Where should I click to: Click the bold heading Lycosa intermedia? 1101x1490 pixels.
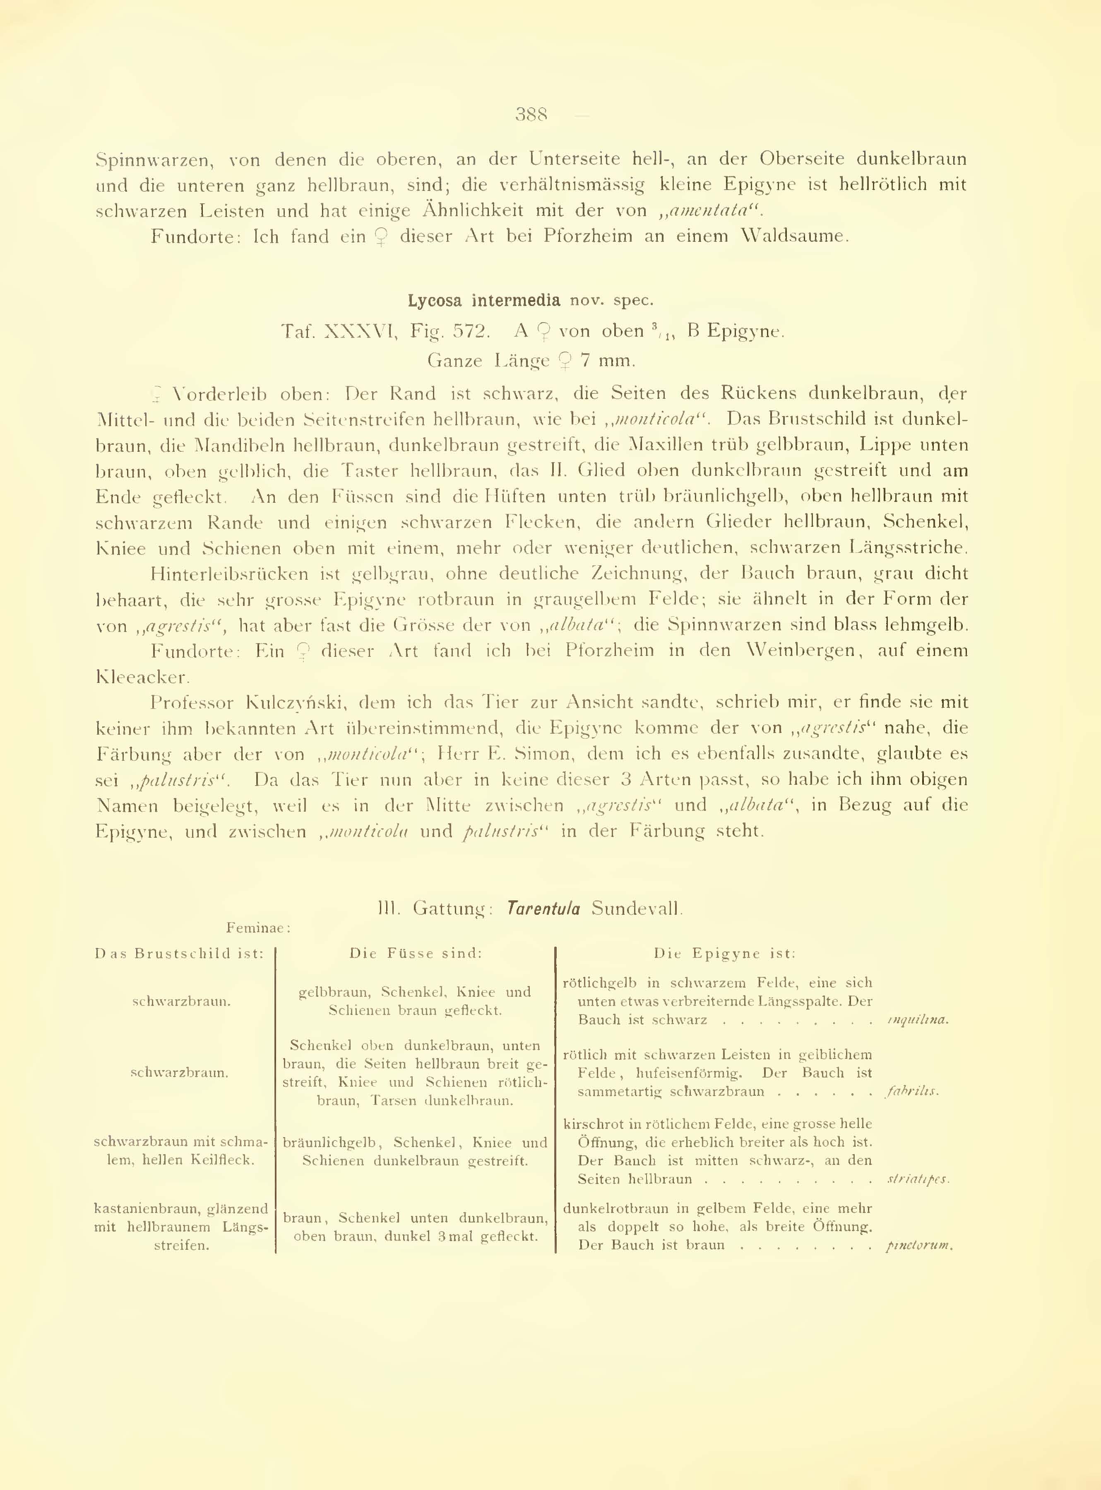pyautogui.click(x=484, y=301)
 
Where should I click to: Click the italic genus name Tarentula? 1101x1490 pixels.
pyautogui.click(x=543, y=909)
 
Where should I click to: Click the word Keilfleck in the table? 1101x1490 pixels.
pyautogui.click(x=223, y=1160)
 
